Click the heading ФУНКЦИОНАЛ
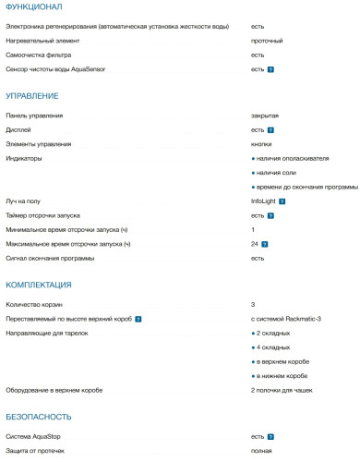coord(35,6)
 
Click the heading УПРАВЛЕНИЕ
coord(32,95)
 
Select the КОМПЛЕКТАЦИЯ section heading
coord(39,286)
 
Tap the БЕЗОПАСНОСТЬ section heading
coord(40,417)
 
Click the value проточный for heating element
coord(267,42)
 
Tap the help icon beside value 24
coord(265,244)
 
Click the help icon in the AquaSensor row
coord(270,69)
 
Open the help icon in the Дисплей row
coord(270,130)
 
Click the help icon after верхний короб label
coord(138,318)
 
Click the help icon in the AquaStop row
coord(270,436)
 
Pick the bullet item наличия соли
coord(276,173)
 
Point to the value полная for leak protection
coord(261,450)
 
